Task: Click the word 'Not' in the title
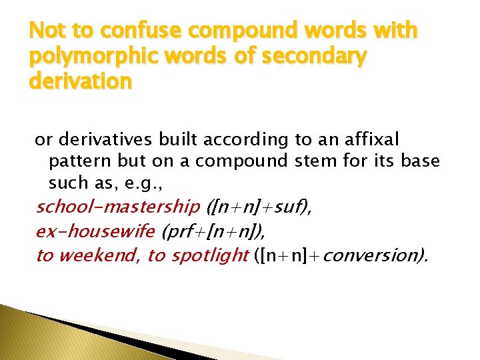[x=45, y=31]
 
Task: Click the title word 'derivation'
[x=79, y=82]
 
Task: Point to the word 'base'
[x=418, y=161]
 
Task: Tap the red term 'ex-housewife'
[x=95, y=231]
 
